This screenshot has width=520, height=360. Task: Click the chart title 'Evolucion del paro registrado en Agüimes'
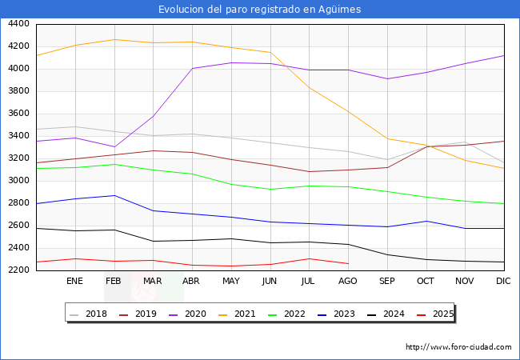(259, 10)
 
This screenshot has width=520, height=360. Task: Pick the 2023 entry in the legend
(345, 314)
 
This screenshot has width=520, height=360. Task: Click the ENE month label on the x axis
(74, 281)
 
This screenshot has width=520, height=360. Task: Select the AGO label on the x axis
(348, 281)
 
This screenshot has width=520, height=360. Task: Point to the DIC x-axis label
(503, 281)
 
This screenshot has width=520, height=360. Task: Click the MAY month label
(230, 281)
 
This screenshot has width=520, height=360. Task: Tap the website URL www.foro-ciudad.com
(458, 347)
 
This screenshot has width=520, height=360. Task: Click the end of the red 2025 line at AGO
(348, 263)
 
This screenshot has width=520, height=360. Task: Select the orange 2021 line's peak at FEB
(114, 39)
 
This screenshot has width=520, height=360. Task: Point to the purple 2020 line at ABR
(191, 69)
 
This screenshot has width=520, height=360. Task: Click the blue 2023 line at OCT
(426, 221)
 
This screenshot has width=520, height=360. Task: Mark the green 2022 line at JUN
(270, 190)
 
